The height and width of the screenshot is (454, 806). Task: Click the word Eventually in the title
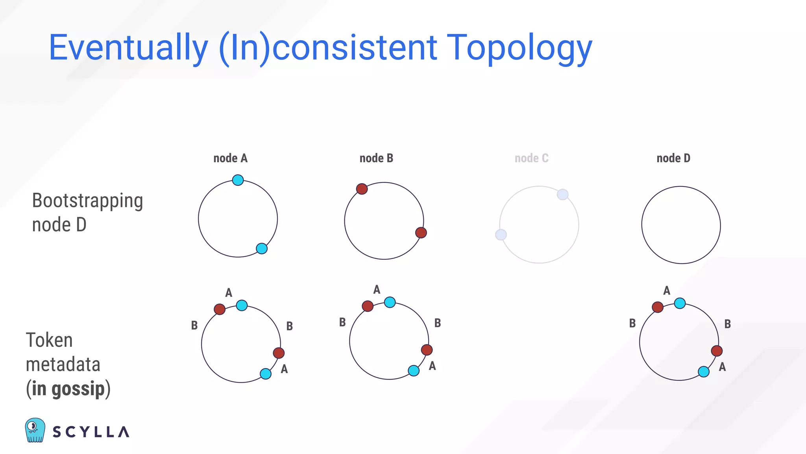pyautogui.click(x=128, y=48)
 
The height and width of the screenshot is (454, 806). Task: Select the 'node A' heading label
pyautogui.click(x=230, y=158)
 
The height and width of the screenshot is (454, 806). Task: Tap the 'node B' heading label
pyautogui.click(x=376, y=158)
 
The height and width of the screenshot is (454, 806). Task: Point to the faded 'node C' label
pyautogui.click(x=531, y=158)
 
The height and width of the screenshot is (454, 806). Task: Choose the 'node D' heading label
pyautogui.click(x=673, y=158)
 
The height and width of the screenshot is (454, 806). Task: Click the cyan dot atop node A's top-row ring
pyautogui.click(x=238, y=180)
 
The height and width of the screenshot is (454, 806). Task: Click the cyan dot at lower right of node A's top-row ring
pyautogui.click(x=262, y=248)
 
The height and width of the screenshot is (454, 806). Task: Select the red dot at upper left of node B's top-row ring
pyautogui.click(x=362, y=189)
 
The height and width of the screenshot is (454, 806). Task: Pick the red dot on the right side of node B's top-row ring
pyautogui.click(x=421, y=233)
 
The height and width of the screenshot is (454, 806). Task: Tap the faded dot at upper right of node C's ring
pyautogui.click(x=563, y=194)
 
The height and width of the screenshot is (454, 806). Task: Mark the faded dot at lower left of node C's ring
pyautogui.click(x=501, y=235)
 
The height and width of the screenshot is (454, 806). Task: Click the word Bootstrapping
pyautogui.click(x=87, y=201)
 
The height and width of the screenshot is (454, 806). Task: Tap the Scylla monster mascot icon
pyautogui.click(x=35, y=430)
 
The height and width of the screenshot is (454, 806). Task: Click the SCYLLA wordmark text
pyautogui.click(x=91, y=432)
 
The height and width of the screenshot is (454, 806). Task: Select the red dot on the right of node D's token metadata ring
pyautogui.click(x=717, y=351)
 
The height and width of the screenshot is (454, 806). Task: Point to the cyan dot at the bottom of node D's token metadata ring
pyautogui.click(x=704, y=371)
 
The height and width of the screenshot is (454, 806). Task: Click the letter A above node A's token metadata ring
pyautogui.click(x=229, y=293)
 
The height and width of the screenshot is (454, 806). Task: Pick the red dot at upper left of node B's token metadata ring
pyautogui.click(x=368, y=306)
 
